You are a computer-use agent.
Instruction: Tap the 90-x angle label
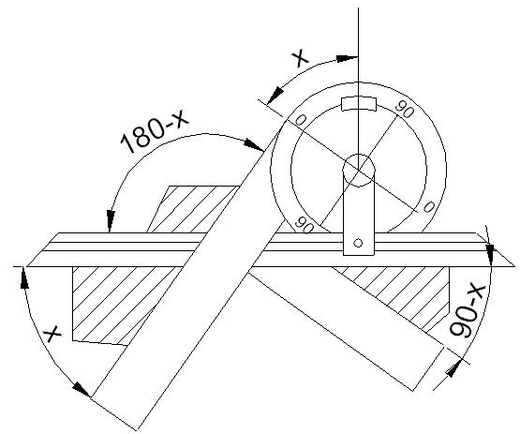pos(467,311)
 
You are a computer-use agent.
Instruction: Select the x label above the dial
pos(300,58)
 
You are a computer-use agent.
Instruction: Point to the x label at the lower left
pos(53,333)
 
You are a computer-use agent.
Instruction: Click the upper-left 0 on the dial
pos(300,120)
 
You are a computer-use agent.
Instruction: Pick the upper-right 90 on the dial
pos(405,110)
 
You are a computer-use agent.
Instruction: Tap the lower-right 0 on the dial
pos(428,207)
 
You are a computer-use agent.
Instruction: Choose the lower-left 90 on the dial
pos(305,225)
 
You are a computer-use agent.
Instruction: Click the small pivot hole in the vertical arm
pos(358,243)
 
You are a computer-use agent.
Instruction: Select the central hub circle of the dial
pos(359,171)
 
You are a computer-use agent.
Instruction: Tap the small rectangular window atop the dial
pos(359,104)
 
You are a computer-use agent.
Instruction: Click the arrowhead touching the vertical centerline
pos(348,58)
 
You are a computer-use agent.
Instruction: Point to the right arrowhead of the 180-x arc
pos(254,145)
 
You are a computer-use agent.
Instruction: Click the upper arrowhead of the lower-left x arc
pos(24,277)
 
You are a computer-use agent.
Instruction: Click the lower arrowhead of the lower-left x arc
pos(82,389)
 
